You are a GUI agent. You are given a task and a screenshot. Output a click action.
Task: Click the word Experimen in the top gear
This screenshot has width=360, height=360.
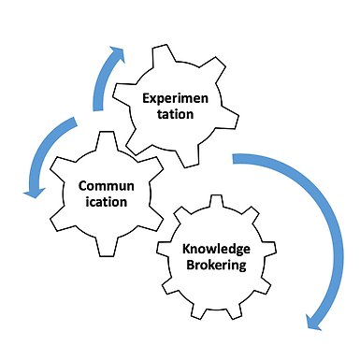(175, 99)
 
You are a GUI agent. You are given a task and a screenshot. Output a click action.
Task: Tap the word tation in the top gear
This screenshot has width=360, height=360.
(175, 114)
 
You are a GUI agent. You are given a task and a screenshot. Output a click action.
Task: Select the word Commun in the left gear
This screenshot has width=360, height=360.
(107, 186)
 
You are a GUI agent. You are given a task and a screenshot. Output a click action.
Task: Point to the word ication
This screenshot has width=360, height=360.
(107, 202)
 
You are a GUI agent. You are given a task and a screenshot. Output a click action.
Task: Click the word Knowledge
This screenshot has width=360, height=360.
(216, 250)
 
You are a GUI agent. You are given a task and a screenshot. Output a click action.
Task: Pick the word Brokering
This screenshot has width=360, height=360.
(216, 266)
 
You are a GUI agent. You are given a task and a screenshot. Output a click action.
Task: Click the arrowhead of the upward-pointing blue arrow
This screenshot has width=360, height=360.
(117, 55)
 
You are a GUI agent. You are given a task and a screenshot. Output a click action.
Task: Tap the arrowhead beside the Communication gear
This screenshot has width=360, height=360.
(34, 193)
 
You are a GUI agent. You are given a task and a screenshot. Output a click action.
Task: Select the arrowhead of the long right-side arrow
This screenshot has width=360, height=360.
(314, 322)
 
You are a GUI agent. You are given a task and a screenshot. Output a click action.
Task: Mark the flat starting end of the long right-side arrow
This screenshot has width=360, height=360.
(234, 158)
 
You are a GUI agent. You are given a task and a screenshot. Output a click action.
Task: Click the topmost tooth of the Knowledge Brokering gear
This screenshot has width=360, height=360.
(216, 201)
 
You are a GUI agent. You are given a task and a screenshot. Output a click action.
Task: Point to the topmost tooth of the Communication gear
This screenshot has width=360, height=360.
(107, 141)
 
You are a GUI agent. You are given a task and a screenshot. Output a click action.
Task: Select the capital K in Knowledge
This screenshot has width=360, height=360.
(186, 249)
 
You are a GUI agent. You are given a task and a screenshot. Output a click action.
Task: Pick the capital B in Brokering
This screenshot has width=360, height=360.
(190, 265)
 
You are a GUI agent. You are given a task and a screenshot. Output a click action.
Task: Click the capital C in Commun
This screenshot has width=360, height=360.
(83, 186)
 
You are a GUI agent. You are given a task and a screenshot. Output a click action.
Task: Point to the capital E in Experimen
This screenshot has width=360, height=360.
(146, 98)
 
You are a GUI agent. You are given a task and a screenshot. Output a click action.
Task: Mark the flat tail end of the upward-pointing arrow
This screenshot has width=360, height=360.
(98, 110)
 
